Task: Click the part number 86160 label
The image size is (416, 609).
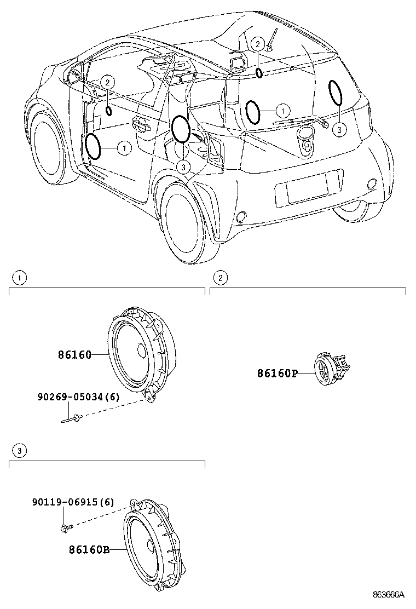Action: tap(74, 355)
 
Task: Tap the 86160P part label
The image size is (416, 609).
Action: tap(277, 374)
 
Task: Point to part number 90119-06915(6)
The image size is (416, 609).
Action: tap(72, 502)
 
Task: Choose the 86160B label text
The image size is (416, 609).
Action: tap(89, 549)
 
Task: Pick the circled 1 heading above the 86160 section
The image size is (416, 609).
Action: tap(19, 278)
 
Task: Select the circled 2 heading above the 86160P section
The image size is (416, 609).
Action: tap(220, 278)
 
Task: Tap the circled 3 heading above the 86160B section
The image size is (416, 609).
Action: tap(19, 451)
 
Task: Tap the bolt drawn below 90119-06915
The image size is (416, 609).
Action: tap(63, 527)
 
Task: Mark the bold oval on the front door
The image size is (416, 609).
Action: tap(93, 147)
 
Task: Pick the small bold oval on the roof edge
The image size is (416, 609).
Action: tap(259, 73)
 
